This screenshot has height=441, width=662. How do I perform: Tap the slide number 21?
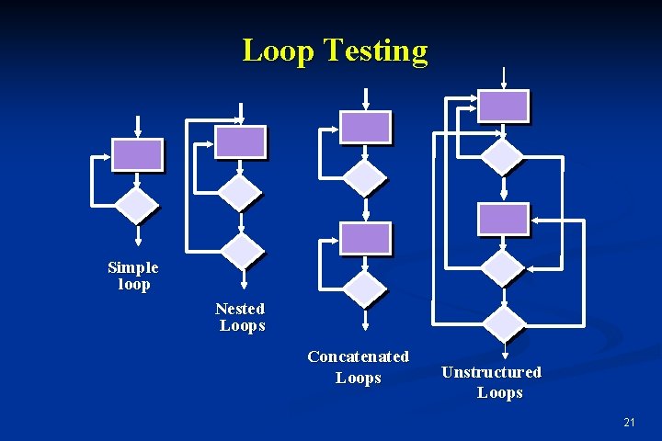click(x=629, y=422)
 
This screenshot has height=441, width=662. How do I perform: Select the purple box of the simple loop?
click(x=137, y=154)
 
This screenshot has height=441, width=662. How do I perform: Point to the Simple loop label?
click(x=133, y=276)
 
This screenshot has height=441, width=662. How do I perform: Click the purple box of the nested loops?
click(x=240, y=141)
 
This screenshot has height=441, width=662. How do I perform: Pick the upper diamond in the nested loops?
click(x=240, y=192)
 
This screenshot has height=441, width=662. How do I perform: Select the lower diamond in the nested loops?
click(x=243, y=250)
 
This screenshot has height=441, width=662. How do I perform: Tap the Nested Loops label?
click(x=241, y=317)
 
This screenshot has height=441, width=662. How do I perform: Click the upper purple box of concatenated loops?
click(x=365, y=127)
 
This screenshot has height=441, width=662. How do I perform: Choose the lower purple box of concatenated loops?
click(x=365, y=238)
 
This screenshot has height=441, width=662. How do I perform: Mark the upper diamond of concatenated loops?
click(x=365, y=176)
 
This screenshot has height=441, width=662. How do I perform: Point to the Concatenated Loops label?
click(x=359, y=367)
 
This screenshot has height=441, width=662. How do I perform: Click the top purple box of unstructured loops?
click(x=503, y=106)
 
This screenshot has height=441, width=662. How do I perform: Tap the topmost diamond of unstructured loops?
click(x=503, y=156)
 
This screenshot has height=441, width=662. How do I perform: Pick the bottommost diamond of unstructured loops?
click(x=504, y=322)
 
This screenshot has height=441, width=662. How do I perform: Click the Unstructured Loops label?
click(x=493, y=382)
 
